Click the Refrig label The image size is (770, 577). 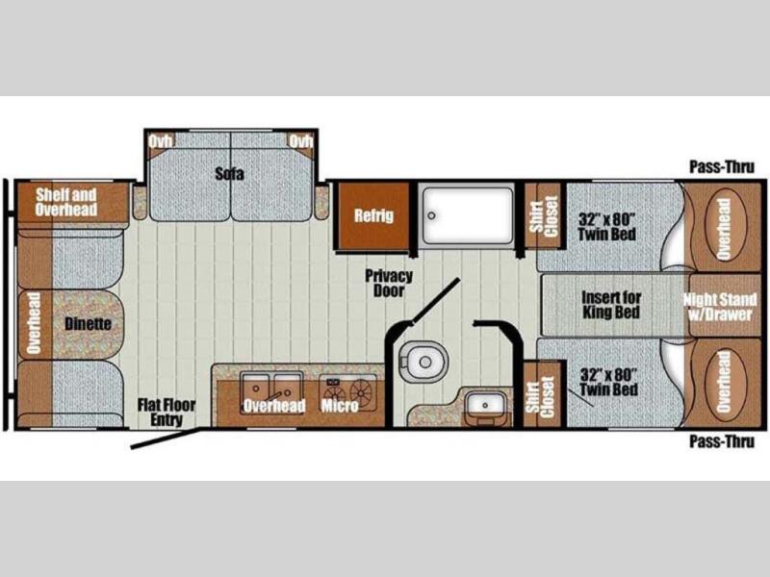(x=373, y=215)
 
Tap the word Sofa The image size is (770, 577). (x=229, y=173)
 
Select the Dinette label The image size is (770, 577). (x=88, y=324)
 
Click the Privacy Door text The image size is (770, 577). (x=389, y=283)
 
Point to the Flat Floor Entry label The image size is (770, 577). (x=167, y=413)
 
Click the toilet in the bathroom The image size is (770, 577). (x=423, y=362)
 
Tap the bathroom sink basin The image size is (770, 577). (x=485, y=405)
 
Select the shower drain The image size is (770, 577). (x=431, y=215)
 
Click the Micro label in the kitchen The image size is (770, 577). (x=340, y=406)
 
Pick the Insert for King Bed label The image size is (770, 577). (x=611, y=305)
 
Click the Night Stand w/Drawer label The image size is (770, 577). (x=720, y=307)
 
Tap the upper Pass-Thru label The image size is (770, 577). (x=721, y=166)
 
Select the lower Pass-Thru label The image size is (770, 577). (x=721, y=441)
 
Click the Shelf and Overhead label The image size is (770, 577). (x=65, y=202)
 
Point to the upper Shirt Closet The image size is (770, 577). (x=544, y=216)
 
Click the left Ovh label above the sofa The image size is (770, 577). (x=161, y=141)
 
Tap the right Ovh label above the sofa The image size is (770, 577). (x=300, y=141)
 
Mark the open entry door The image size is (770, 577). (x=166, y=439)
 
